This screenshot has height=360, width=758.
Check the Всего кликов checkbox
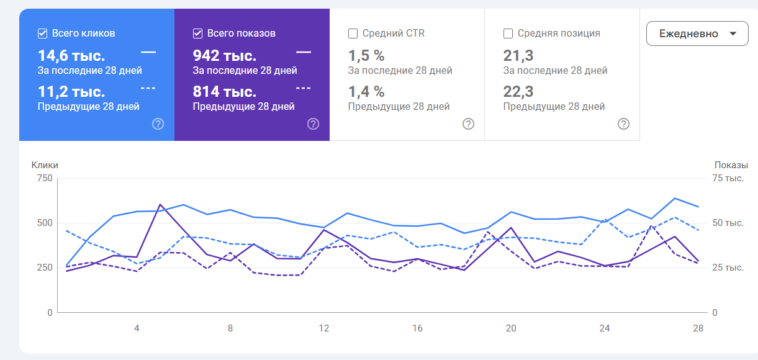tap(43, 34)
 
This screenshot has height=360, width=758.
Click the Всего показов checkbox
tap(198, 34)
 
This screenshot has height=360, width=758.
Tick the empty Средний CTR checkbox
tap(353, 34)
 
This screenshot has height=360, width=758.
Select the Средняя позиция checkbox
tap(508, 34)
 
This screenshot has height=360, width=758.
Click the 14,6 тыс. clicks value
tap(71, 55)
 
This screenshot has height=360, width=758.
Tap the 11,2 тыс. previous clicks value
tap(71, 92)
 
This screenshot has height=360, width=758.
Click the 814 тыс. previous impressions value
tap(225, 92)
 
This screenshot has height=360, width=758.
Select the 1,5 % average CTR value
tap(366, 55)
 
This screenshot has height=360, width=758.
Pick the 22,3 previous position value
tap(518, 92)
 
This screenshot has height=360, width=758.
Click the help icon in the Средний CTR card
tap(468, 124)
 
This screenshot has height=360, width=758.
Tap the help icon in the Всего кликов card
tap(158, 124)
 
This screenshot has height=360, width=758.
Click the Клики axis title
tap(45, 165)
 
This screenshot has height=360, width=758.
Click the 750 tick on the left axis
tap(45, 178)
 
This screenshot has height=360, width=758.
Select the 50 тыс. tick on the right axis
tap(728, 223)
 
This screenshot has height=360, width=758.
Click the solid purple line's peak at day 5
tap(160, 204)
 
